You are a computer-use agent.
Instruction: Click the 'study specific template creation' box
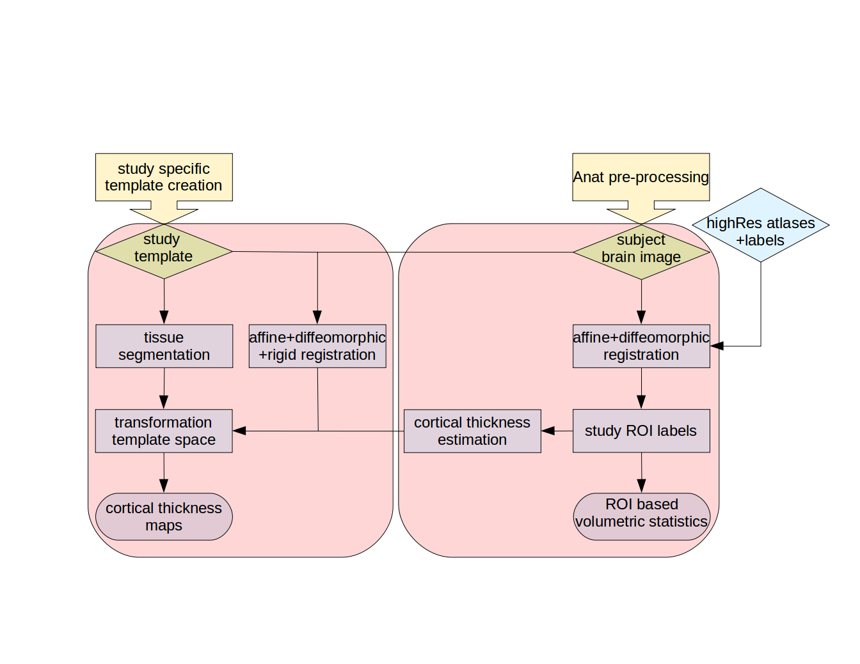tap(164, 177)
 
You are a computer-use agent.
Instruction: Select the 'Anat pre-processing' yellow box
tap(641, 177)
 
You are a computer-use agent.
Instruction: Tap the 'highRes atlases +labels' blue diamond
tap(760, 225)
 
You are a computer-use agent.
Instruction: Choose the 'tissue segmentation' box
tap(164, 346)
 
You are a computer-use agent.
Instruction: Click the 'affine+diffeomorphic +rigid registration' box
tap(317, 346)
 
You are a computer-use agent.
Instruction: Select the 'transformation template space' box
tap(164, 431)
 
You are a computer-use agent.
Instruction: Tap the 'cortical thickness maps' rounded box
tap(164, 516)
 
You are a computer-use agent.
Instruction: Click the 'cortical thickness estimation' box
tap(472, 431)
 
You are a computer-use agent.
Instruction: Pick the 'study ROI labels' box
tap(641, 431)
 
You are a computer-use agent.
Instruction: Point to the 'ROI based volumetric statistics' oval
tap(641, 516)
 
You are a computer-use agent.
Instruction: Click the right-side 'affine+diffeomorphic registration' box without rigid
tap(641, 346)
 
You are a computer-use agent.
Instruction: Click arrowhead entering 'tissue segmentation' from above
tap(164, 317)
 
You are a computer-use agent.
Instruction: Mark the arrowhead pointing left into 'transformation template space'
tap(239, 431)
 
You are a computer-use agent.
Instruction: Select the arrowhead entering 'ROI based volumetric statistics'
tap(642, 486)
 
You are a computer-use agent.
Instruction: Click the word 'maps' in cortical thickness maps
tap(164, 525)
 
